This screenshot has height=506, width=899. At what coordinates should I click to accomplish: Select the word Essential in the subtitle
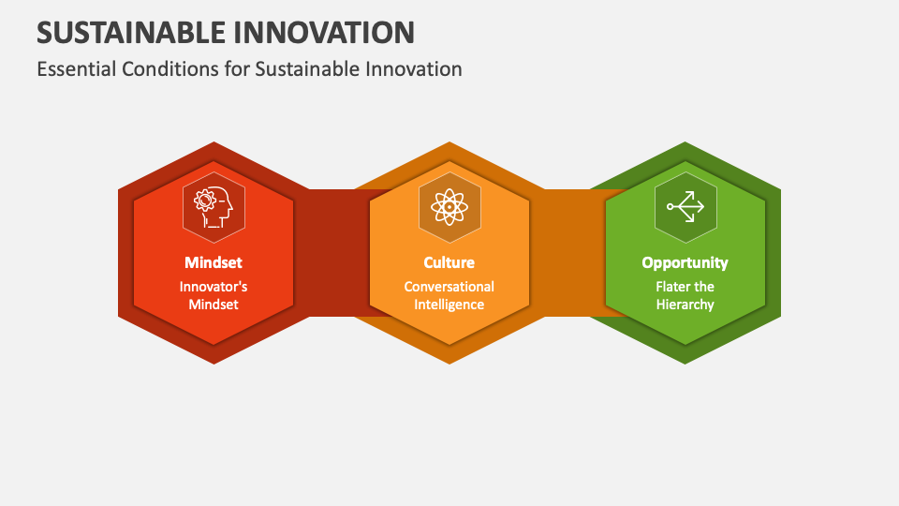pos(74,68)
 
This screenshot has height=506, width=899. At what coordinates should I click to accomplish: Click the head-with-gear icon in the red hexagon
pos(214,205)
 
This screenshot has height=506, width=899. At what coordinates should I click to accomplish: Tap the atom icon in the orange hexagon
pos(449,205)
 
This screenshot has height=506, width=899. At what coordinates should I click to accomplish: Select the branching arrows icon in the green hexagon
pos(685,205)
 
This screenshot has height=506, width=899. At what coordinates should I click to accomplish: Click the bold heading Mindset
pos(214,262)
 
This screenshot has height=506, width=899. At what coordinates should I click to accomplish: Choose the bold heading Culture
pos(449,262)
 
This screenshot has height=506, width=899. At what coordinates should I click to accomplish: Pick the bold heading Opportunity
pos(685,262)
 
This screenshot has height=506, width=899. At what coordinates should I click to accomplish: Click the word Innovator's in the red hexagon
pos(214,287)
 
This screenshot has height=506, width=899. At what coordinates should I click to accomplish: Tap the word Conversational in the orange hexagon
pos(449,287)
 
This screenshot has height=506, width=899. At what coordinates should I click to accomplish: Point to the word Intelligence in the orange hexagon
pos(449,305)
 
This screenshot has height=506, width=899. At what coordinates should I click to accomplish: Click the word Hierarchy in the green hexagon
pos(685,305)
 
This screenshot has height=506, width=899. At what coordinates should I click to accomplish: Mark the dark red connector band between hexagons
pos(337,253)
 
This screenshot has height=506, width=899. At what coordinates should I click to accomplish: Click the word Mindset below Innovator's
pos(214,305)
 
